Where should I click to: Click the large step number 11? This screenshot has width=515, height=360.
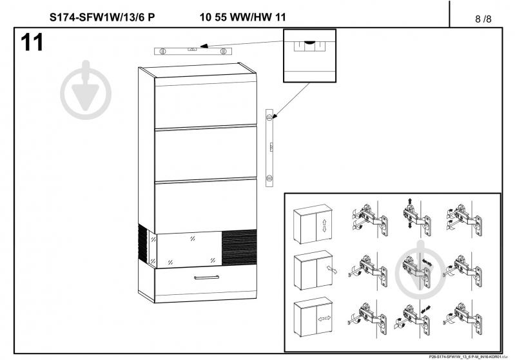tap(32, 43)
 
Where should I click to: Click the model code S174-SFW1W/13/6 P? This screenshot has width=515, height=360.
tap(102, 17)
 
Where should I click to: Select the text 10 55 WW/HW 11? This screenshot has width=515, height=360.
tap(243, 17)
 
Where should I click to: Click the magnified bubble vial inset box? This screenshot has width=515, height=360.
tap(310, 55)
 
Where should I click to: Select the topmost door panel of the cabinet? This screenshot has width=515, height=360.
tap(205, 106)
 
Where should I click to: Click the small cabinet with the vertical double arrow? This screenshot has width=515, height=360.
tap(313, 225)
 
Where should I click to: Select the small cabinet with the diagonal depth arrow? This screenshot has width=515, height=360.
tap(313, 272)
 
